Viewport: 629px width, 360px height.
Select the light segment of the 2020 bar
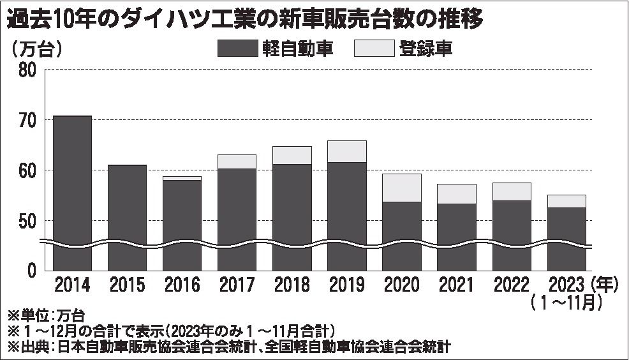pos(401,188)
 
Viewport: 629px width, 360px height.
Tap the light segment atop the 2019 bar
pos(346,151)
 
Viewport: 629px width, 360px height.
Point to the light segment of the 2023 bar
pos(566,201)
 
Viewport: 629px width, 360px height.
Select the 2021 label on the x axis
pos(456,285)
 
